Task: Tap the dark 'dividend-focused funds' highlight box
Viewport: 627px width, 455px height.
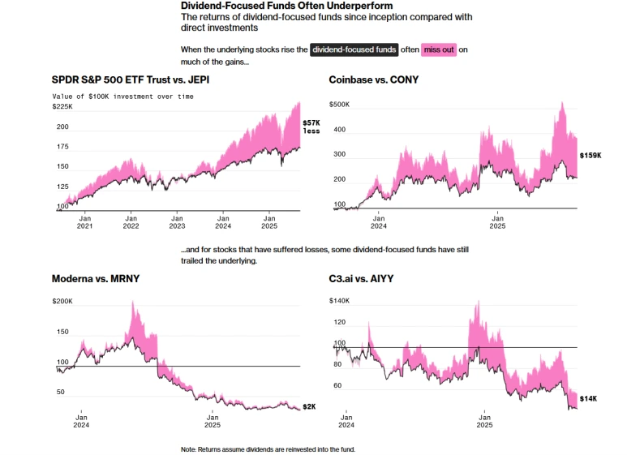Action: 354,49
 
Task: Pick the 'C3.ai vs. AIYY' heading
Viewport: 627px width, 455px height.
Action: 368,278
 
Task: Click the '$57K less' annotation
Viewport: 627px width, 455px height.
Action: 312,127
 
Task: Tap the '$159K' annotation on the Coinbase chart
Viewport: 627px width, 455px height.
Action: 590,155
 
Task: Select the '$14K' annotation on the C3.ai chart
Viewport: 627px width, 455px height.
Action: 588,398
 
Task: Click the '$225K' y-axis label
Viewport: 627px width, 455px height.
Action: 62,106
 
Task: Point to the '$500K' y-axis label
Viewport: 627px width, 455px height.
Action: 339,105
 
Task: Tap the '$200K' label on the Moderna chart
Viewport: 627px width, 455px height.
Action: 62,302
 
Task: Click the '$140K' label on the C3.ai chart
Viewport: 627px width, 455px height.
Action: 339,301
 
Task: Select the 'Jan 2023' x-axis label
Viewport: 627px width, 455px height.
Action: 176,222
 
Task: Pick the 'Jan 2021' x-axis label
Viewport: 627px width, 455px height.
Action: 84,222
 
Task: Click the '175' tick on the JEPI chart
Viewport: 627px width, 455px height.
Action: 62,147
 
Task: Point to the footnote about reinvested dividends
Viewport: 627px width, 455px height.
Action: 268,449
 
